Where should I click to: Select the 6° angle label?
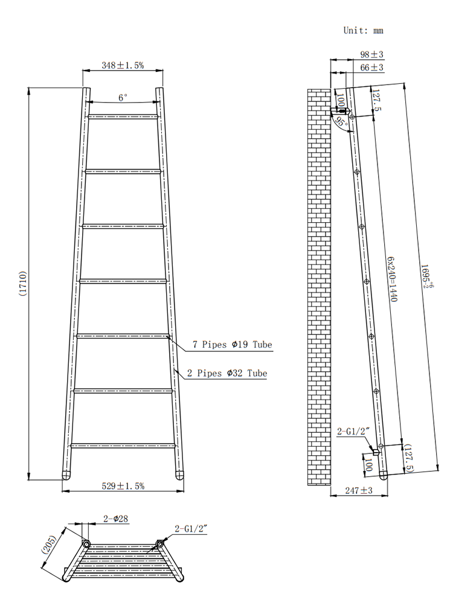click(123, 97)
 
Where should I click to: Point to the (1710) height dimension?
click(22, 284)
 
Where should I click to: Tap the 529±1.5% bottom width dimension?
click(123, 486)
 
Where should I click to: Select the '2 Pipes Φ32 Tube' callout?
click(227, 374)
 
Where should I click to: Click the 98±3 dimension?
click(372, 55)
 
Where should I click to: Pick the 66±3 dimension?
click(372, 68)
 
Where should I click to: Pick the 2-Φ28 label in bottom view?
click(115, 519)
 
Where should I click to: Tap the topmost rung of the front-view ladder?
click(123, 116)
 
